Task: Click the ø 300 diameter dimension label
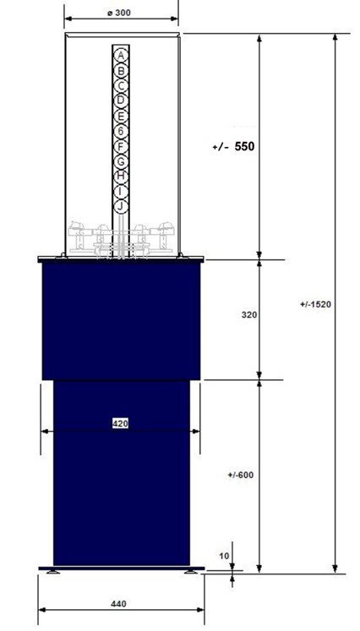click(119, 13)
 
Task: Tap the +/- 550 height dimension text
click(233, 146)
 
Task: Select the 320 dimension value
click(248, 315)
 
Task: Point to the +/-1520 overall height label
click(315, 304)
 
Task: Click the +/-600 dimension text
click(240, 475)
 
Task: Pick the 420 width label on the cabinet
click(120, 423)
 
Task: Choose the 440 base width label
click(118, 604)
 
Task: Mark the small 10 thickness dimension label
click(224, 556)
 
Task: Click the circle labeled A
click(121, 56)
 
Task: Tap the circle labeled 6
click(121, 131)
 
